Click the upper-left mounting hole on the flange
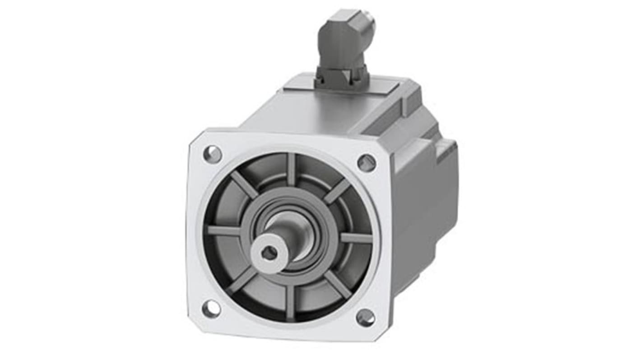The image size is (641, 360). (x=212, y=154)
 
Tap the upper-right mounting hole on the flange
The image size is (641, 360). (x=366, y=162)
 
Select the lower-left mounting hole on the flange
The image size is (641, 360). (x=211, y=309)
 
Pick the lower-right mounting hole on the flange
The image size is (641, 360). (x=365, y=318)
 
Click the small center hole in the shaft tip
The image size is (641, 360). (x=269, y=253)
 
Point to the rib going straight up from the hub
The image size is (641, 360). (x=291, y=170)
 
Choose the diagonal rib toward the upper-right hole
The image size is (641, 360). (x=337, y=191)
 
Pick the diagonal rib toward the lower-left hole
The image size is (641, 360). (x=242, y=281)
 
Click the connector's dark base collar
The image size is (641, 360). (x=341, y=78)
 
